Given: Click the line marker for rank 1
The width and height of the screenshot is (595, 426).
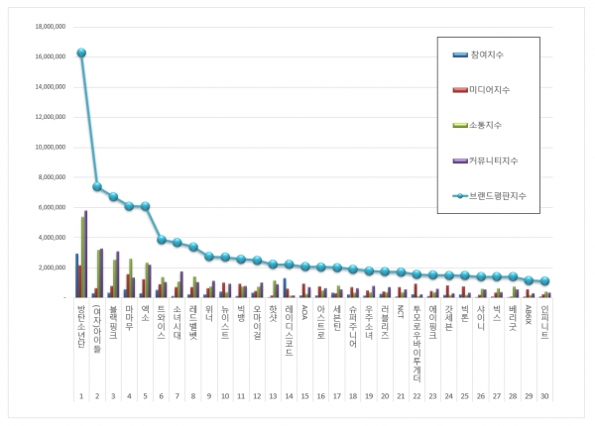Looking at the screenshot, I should [81, 53].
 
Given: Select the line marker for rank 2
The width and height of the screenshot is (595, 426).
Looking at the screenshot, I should [97, 186].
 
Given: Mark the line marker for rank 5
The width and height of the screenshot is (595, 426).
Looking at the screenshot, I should [146, 206].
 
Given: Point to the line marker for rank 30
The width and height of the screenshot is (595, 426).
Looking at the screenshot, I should [545, 281].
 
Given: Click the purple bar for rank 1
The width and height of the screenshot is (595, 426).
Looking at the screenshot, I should [86, 254].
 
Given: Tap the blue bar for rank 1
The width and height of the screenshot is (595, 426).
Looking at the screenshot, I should [76, 275].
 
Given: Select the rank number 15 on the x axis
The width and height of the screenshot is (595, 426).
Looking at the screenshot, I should [304, 396].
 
